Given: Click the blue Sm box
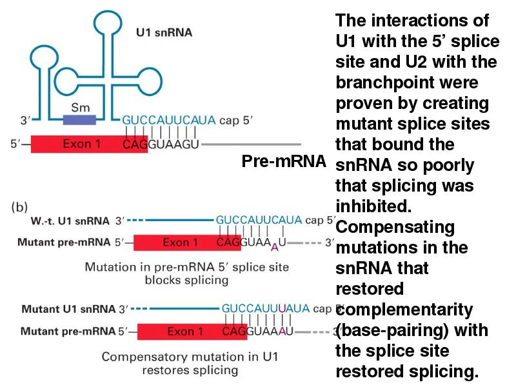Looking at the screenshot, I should (79, 119).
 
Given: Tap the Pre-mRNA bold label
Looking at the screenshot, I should (284, 161).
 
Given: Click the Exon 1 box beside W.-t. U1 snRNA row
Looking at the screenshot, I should (180, 243).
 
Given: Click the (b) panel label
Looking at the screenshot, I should (19, 208).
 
